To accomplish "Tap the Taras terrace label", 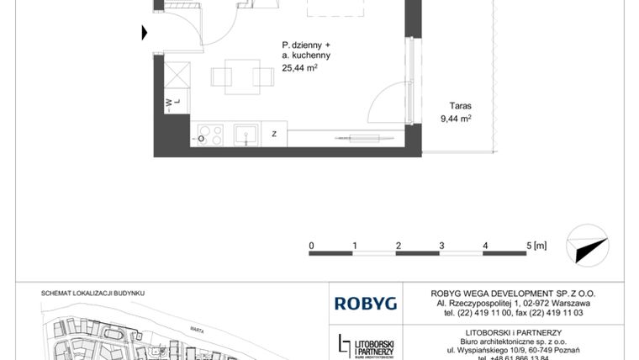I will tap(460, 107).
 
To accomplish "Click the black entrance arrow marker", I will tap(145, 34).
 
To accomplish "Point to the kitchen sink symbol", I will tap(246, 134).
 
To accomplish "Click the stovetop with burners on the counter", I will tap(208, 134).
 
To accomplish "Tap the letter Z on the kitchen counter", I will tap(274, 134).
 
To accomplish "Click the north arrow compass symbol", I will tap(589, 244).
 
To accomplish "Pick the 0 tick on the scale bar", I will tap(311, 246).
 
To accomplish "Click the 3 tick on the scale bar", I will tap(442, 246).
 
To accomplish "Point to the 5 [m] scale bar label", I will tap(536, 246).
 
